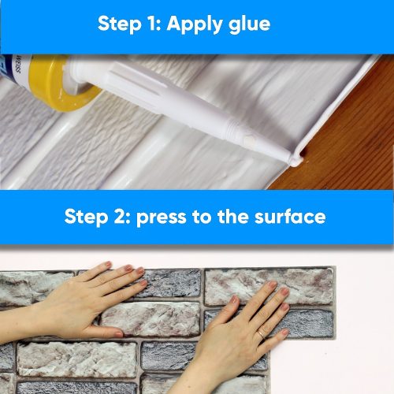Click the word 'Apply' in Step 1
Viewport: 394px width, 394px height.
(195, 25)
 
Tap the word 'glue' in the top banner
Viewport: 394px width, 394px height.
(250, 25)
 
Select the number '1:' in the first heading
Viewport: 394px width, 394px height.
(154, 24)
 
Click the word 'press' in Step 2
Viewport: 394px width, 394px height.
(162, 218)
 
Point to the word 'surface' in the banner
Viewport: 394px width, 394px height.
(290, 217)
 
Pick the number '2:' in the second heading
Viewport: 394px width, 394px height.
(122, 217)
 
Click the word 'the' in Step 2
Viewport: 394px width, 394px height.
(232, 217)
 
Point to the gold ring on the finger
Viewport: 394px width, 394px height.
(262, 334)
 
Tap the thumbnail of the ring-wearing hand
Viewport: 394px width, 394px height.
(233, 299)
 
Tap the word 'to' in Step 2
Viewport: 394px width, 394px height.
(202, 217)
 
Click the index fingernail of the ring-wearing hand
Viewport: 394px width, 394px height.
(273, 284)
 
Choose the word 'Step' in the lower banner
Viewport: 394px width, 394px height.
(86, 218)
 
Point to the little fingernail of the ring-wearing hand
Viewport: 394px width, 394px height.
(285, 333)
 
